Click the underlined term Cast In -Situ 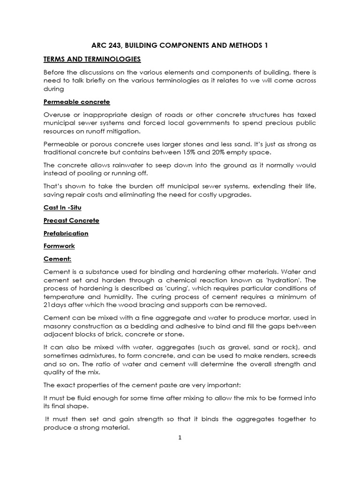tap(65, 208)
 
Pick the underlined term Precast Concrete tap(71, 220)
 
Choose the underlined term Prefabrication tap(66, 233)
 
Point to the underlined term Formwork tap(59, 246)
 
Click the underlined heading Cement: tap(57, 258)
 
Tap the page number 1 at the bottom tap(180, 438)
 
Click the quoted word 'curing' tap(180, 288)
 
